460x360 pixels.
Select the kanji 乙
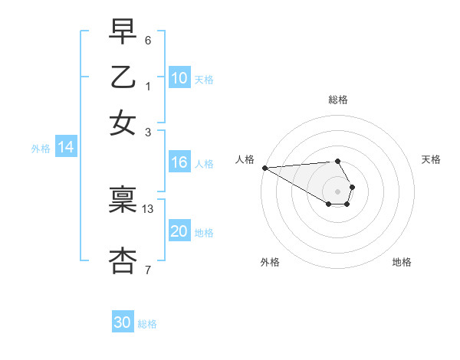pos(123,77)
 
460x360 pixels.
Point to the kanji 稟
pos(123,201)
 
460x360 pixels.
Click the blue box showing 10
pos(179,78)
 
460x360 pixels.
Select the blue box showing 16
pos(179,162)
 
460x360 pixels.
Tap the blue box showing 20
pos(179,231)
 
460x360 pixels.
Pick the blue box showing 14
pos(66,147)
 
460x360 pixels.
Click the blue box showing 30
pos(123,322)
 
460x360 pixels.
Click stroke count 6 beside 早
pos(148,40)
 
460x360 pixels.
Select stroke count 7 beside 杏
pos(148,270)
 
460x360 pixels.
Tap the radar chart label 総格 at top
pos(338,100)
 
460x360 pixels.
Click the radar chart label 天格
pos(431,159)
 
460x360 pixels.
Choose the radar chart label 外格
pos(270,262)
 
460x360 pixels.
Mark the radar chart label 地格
pos(402,262)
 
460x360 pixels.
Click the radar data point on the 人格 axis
pos(264,168)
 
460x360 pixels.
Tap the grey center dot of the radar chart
pos(338,191)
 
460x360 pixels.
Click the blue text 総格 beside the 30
pos(147,324)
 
